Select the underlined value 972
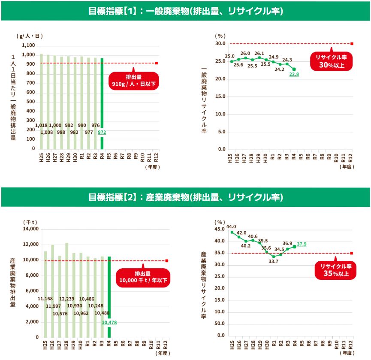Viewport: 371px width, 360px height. (102, 133)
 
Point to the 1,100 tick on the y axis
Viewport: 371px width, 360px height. (28, 45)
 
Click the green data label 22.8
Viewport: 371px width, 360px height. (294, 74)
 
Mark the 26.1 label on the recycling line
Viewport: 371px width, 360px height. (259, 53)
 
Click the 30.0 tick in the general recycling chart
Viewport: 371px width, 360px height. (220, 43)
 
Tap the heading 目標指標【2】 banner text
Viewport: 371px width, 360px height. (185, 197)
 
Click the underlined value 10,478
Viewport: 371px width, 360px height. (109, 322)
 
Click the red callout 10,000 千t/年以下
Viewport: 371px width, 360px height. (143, 277)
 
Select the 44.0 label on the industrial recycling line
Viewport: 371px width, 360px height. (231, 227)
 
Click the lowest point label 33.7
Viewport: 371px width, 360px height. (273, 261)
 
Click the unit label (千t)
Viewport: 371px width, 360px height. (30, 221)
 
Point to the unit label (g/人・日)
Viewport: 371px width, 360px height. (30, 36)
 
